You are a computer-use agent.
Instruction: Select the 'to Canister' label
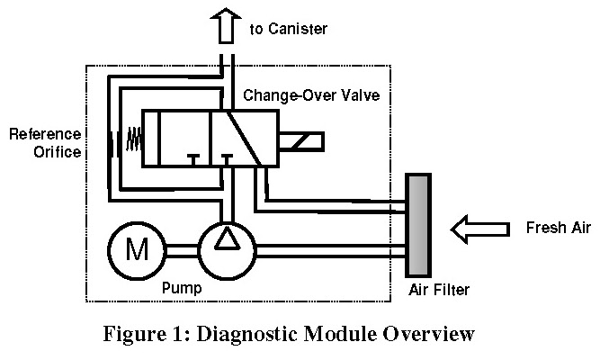coord(288,30)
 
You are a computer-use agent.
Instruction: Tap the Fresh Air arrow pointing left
coord(478,229)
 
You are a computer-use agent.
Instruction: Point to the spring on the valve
coord(132,138)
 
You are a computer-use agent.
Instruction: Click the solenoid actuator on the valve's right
coord(302,142)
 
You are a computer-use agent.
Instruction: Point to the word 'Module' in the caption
coord(346,337)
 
